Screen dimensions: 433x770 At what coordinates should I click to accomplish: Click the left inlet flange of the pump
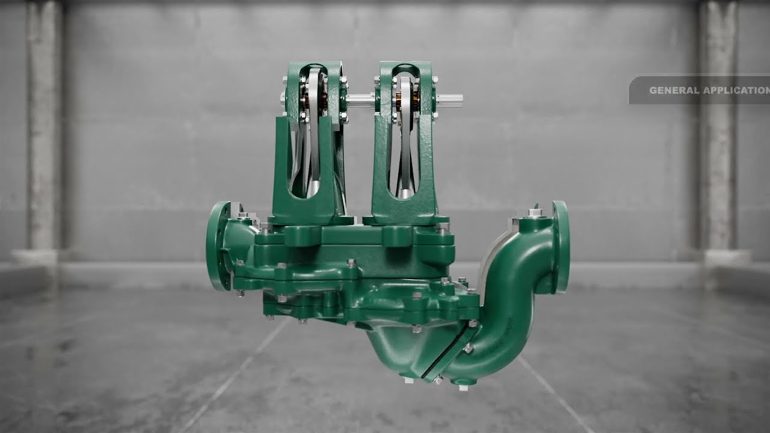pos(217,245)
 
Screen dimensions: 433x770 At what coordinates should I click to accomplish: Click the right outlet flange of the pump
pos(561,247)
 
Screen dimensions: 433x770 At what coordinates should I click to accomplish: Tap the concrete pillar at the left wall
pos(44,132)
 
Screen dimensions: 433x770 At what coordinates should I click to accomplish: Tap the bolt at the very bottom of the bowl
pos(408,380)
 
